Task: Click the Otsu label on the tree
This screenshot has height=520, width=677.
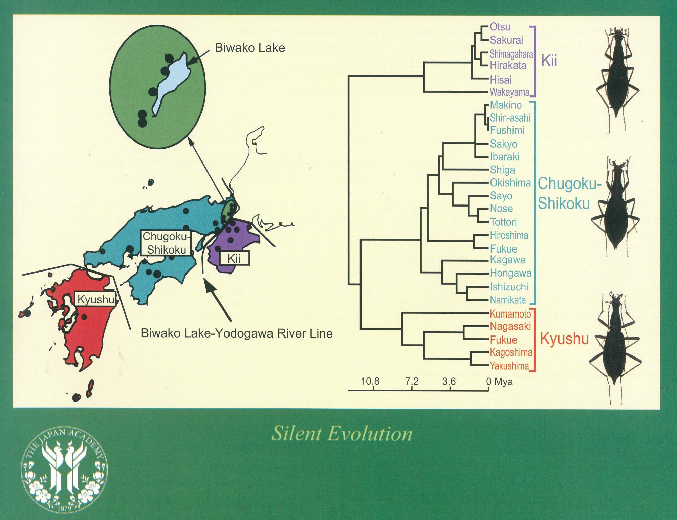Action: [500, 27]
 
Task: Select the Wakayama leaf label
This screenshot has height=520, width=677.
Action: [510, 92]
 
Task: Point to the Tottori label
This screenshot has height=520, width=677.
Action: [503, 222]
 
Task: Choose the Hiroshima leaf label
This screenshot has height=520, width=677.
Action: [509, 235]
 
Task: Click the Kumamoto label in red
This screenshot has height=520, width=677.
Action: [510, 314]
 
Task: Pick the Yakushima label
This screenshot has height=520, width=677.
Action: [509, 366]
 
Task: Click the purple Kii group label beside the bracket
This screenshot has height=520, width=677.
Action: [549, 61]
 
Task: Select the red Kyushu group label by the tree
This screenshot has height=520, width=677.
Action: [564, 339]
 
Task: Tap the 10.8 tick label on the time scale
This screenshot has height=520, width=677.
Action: [370, 382]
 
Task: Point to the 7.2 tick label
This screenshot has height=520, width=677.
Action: [412, 382]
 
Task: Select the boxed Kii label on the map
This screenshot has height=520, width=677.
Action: [234, 259]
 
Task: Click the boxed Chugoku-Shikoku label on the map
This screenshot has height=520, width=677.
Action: [165, 243]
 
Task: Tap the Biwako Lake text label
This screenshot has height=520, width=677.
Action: [250, 48]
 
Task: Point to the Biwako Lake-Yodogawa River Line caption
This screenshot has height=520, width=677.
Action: [237, 334]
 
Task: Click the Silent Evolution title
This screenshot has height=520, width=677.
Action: [342, 434]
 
